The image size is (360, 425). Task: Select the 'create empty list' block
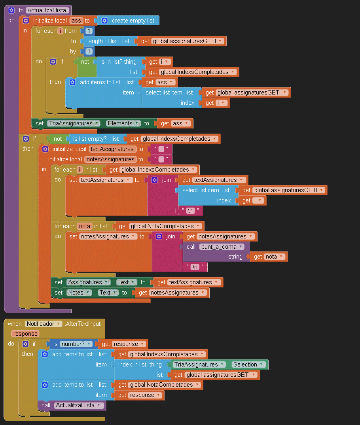pyautogui.click(x=133, y=21)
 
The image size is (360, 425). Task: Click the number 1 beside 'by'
pyautogui.click(x=89, y=51)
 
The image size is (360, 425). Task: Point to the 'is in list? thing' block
pyautogui.click(x=118, y=62)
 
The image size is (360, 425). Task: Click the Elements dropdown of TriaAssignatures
pyautogui.click(x=123, y=123)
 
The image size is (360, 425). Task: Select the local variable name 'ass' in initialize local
pyautogui.click(x=76, y=21)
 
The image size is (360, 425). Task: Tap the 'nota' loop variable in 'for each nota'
pyautogui.click(x=84, y=226)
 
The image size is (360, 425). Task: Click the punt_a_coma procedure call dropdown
pyautogui.click(x=221, y=247)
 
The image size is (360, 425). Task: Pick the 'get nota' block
pyautogui.click(x=269, y=257)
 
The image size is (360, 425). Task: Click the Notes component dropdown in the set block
pyautogui.click(x=78, y=293)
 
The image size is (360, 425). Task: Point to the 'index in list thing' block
pyautogui.click(x=140, y=365)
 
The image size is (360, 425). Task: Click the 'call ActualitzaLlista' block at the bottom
pyautogui.click(x=72, y=405)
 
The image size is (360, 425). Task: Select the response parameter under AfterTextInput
pyautogui.click(x=25, y=334)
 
